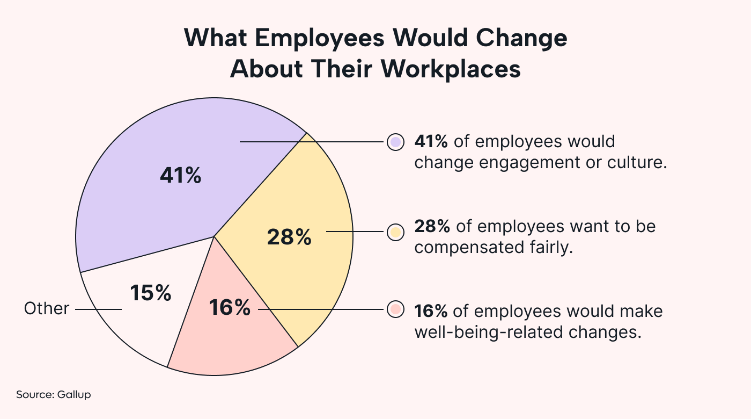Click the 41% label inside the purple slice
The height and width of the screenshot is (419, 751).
180,176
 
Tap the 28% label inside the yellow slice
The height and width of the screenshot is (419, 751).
289,237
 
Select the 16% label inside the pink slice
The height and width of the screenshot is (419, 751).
230,308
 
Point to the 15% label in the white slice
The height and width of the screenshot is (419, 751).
150,293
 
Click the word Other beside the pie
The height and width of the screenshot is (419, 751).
47,309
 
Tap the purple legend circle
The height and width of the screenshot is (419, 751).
395,142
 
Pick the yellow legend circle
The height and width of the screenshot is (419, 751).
395,232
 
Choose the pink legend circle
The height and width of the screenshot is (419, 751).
395,310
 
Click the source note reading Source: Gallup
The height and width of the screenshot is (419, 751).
54,395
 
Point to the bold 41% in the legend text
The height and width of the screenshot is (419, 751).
432,142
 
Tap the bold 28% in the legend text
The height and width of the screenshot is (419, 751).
432,226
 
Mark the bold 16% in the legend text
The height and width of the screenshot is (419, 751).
431,311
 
